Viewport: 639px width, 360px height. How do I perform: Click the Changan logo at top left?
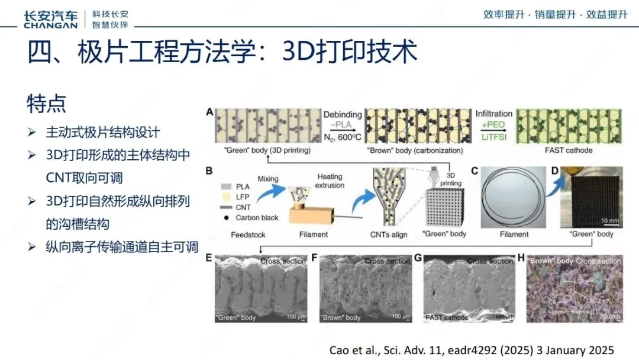(50, 19)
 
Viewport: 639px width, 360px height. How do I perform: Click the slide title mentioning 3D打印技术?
(222, 52)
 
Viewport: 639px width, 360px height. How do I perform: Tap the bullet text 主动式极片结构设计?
(102, 132)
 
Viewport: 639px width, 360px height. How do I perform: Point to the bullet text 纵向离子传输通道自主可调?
(122, 247)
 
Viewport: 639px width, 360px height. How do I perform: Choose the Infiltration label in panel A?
(494, 113)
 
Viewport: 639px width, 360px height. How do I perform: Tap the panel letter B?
(209, 172)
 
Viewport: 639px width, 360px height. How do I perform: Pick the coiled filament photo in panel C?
(514, 198)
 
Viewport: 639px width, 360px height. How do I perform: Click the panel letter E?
(209, 258)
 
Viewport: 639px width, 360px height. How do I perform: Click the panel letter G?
(419, 258)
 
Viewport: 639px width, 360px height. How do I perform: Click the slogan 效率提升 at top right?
(504, 15)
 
